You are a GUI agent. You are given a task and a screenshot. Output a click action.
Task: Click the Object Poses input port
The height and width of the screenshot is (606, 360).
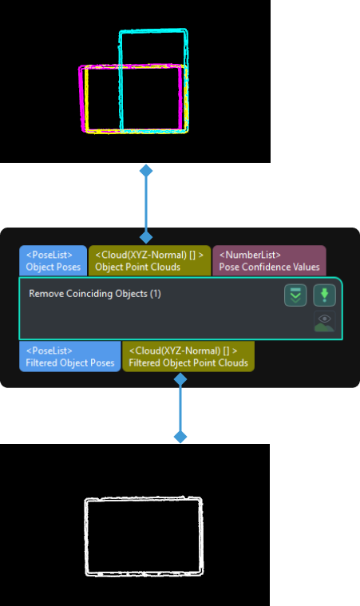[x=53, y=261]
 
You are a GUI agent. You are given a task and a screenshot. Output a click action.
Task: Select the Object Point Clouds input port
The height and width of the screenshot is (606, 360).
[x=149, y=261]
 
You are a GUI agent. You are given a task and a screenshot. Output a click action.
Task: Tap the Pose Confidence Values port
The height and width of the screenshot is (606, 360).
[x=269, y=261]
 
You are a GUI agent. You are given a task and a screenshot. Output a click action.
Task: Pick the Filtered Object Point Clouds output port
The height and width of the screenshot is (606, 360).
[x=188, y=357]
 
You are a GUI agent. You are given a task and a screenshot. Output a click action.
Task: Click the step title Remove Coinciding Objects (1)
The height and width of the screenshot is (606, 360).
[x=95, y=294]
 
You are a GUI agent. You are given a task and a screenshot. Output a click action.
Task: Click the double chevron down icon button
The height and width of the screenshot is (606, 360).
[x=295, y=295]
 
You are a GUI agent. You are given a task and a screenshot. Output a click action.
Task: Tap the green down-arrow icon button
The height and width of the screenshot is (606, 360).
[x=324, y=295]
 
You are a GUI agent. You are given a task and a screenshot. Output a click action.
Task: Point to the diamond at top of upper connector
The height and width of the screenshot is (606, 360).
[x=145, y=171]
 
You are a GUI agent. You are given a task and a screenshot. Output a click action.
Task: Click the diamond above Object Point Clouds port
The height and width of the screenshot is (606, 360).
[x=145, y=237]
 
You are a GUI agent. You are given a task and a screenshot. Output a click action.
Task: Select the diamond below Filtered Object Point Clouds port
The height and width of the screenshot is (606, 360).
[x=180, y=379]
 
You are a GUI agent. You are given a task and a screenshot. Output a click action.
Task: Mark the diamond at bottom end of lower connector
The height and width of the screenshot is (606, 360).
[x=180, y=437]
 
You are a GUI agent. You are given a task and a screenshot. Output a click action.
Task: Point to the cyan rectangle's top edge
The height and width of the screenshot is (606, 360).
[x=153, y=32]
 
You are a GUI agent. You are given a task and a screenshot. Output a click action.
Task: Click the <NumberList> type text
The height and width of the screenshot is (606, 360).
[x=250, y=255]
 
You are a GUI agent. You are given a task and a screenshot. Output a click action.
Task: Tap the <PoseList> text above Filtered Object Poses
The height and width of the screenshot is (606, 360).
[x=49, y=351]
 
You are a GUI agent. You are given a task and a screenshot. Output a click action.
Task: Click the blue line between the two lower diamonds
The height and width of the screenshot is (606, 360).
[x=180, y=408]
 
